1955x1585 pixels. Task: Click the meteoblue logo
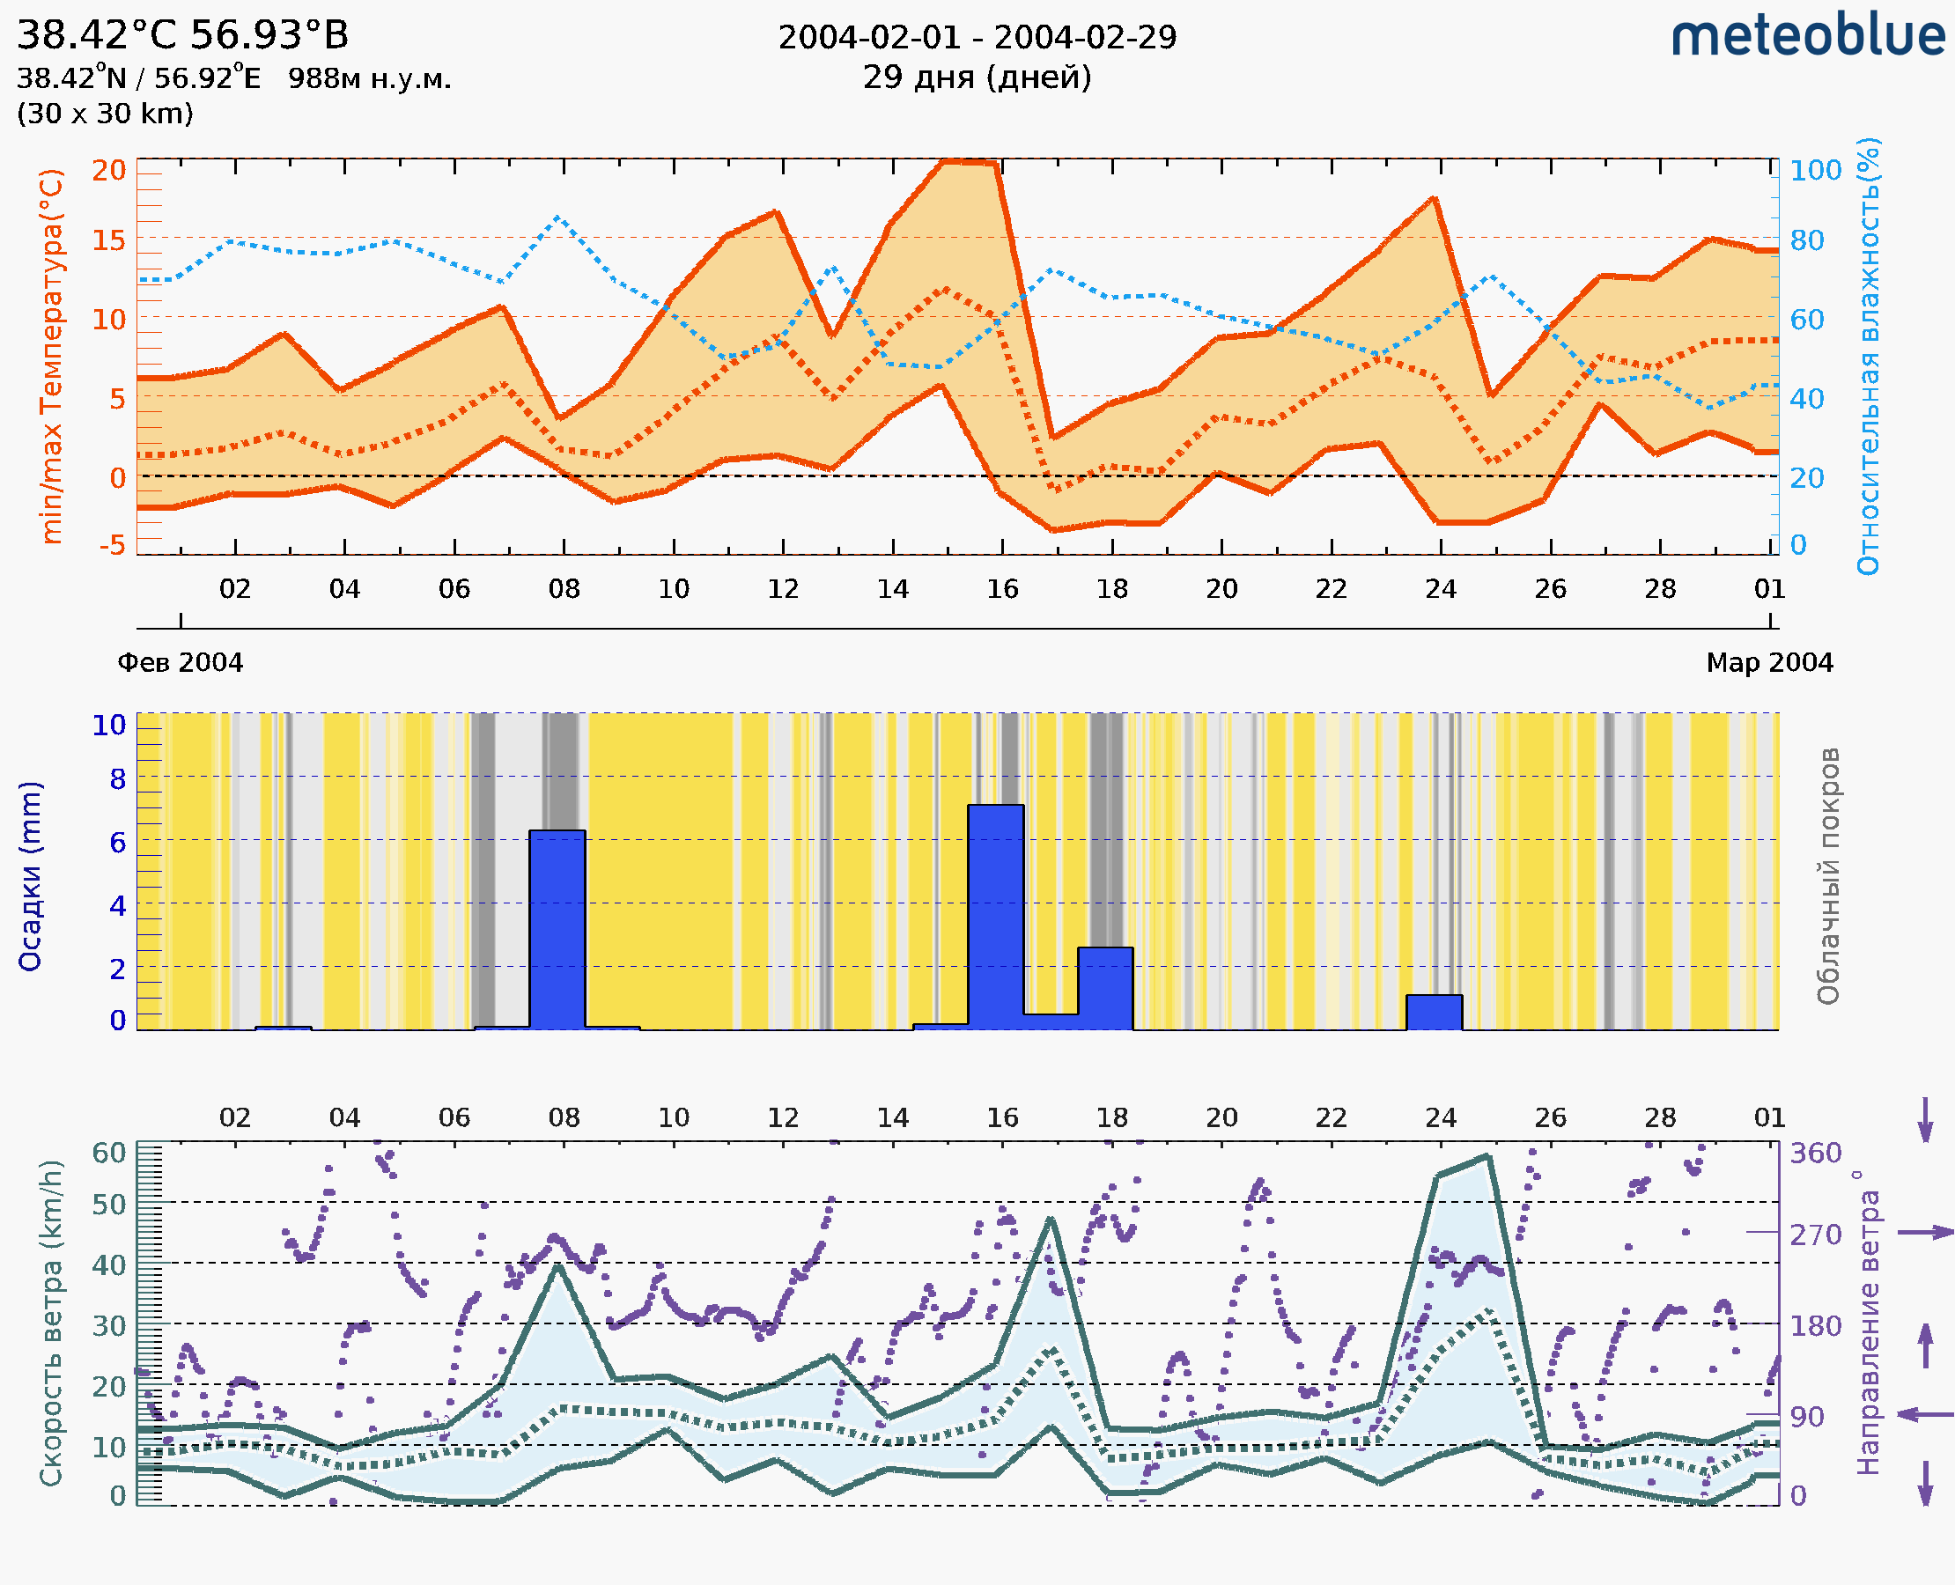1808,36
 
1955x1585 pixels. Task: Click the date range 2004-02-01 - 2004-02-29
977,38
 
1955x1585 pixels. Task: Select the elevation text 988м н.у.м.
370,79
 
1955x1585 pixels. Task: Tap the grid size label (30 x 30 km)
105,114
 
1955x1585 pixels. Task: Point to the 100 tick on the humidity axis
1815,171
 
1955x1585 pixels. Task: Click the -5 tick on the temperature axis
113,546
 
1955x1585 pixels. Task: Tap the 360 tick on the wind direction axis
1815,1154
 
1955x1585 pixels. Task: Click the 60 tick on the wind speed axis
109,1153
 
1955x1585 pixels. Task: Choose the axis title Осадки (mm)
30,876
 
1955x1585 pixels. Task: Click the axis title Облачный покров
1828,876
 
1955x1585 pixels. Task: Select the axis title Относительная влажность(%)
1868,356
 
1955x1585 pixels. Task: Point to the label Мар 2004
1768,663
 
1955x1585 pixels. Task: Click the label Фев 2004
181,663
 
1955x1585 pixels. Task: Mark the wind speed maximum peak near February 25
1487,1157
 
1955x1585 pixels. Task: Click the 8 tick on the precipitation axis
118,779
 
